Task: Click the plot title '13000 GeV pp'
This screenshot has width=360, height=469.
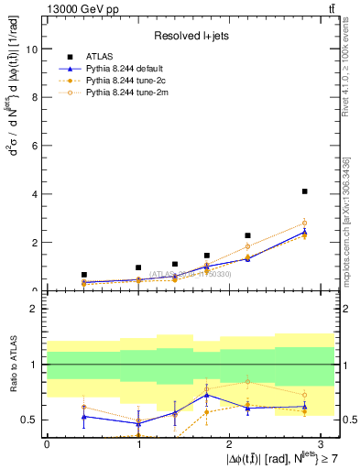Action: [74, 8]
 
